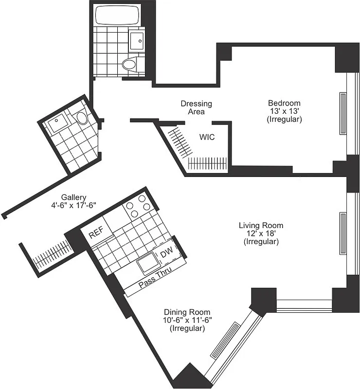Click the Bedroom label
284,103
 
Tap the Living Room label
261,225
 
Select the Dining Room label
187,312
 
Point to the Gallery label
73,197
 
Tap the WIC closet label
207,137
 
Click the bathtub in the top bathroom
117,16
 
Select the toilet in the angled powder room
81,117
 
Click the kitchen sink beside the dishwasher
148,265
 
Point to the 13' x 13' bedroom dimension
284,111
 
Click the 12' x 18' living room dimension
261,233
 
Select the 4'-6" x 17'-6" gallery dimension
73,205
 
